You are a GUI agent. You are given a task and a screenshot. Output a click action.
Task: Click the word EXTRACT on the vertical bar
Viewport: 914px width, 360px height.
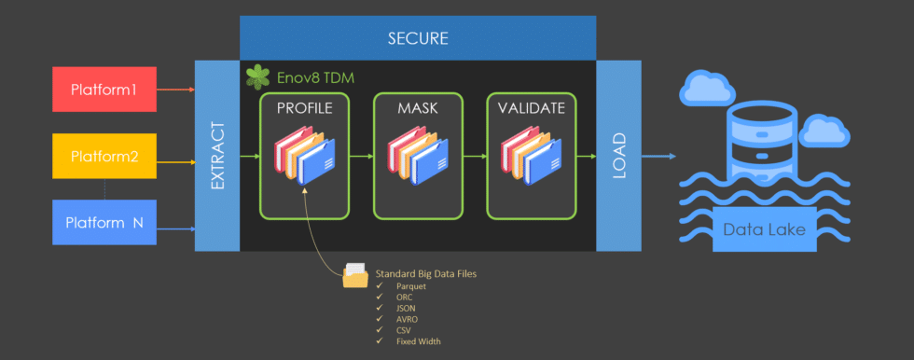218,156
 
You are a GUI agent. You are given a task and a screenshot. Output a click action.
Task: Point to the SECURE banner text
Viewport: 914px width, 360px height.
417,38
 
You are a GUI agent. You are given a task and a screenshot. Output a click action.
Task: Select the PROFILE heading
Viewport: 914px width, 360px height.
304,107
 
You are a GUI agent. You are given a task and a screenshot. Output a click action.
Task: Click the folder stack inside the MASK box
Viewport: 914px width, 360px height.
418,156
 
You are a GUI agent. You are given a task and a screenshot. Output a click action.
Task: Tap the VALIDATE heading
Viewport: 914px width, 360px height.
531,107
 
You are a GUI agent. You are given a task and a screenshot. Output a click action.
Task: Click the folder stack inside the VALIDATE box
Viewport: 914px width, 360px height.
532,156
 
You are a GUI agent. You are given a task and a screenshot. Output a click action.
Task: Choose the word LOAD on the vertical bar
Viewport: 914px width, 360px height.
618,156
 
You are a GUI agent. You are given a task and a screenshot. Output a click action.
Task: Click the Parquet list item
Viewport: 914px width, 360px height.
412,286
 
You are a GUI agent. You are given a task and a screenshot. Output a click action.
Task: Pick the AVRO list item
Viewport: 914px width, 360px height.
408,319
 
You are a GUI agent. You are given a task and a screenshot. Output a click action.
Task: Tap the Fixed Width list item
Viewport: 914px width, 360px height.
418,341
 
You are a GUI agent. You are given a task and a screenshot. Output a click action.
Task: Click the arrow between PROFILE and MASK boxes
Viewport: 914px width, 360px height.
362,156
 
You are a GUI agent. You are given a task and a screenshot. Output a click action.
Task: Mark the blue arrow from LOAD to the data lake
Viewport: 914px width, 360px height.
658,156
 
